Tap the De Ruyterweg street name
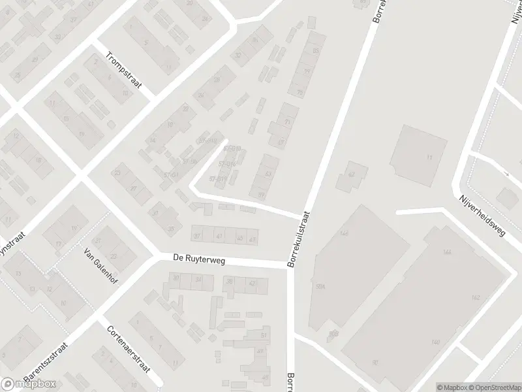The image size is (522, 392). click(199, 259)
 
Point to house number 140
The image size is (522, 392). click(435, 342)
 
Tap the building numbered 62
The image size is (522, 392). click(351, 174)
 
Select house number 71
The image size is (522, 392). click(287, 122)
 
